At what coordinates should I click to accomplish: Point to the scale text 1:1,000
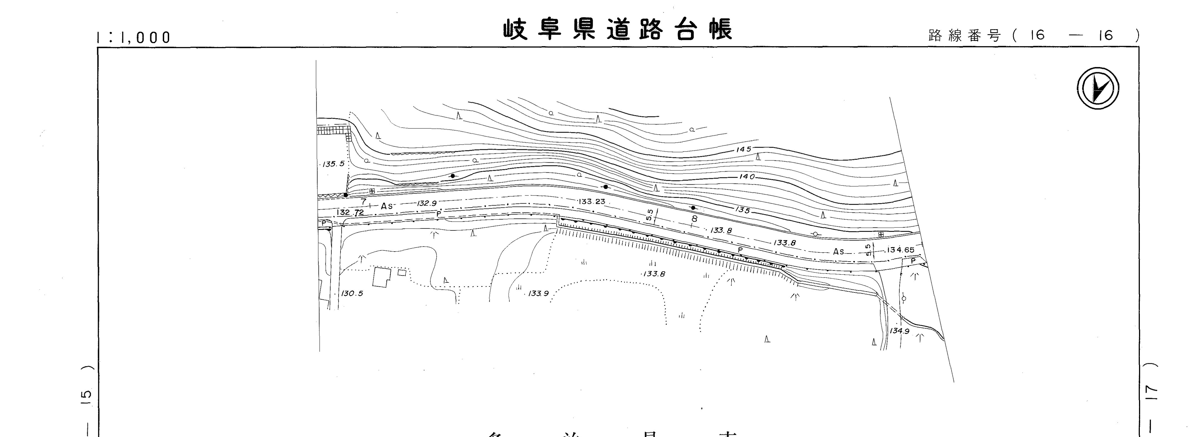134,37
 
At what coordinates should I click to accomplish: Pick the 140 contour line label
747,177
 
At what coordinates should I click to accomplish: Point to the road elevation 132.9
427,203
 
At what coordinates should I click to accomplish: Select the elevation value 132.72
351,212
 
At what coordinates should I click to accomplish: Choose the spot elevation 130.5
352,294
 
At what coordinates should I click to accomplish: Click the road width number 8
694,218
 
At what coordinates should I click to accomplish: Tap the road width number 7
364,201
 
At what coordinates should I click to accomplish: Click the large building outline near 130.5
381,277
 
